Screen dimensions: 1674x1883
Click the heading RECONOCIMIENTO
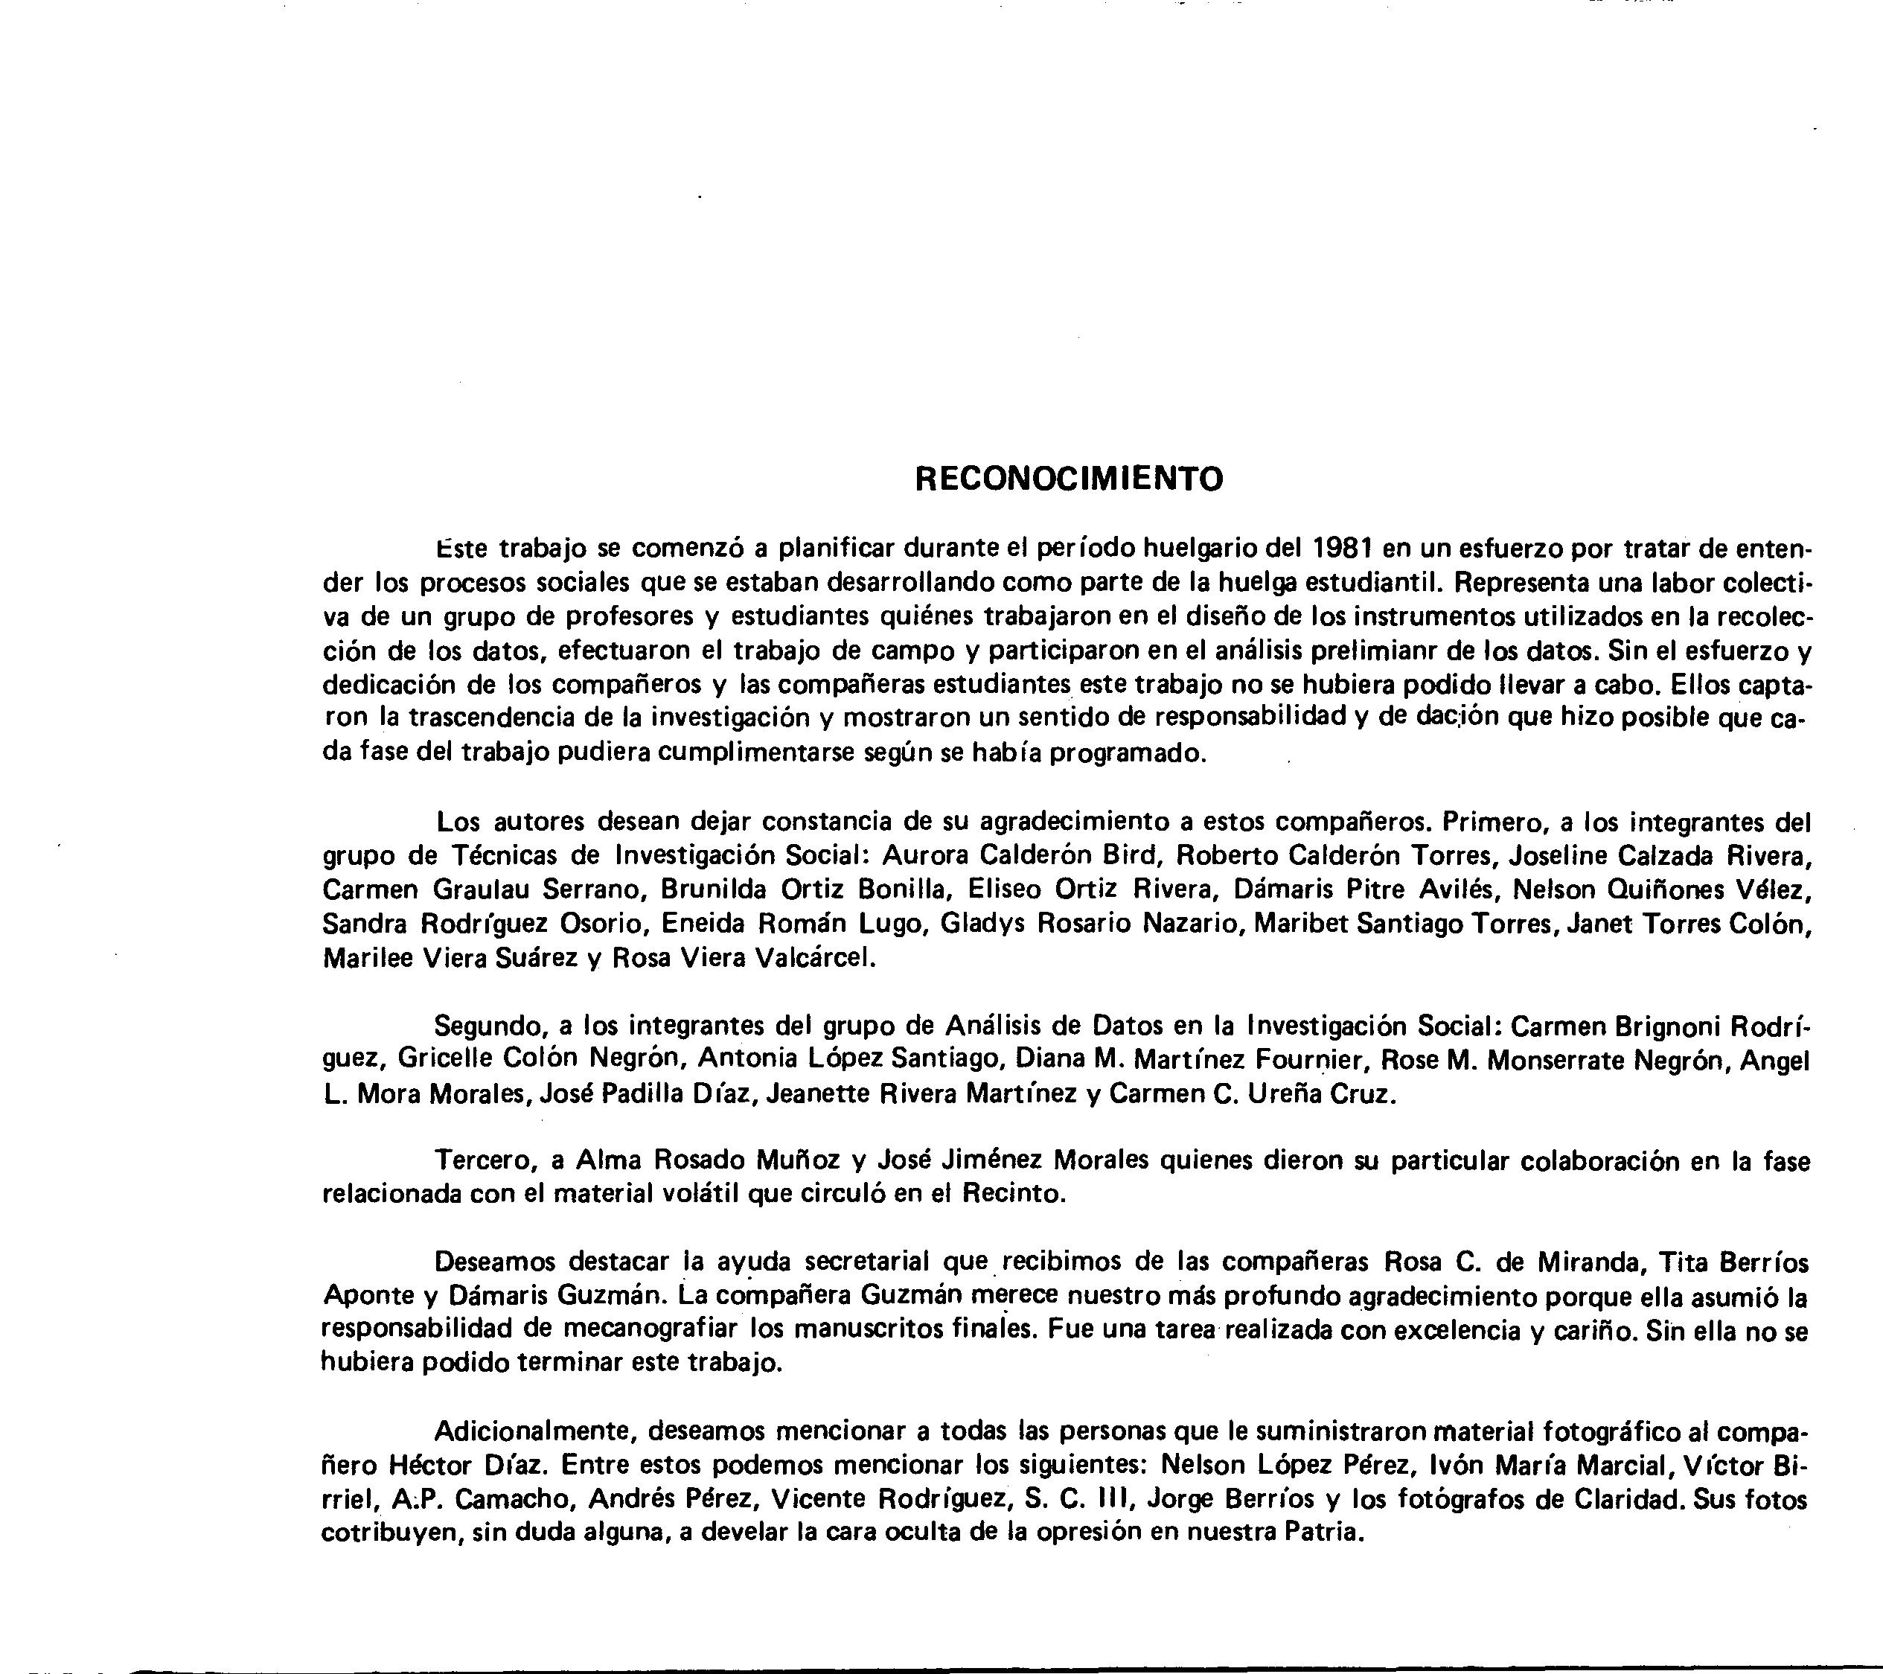tap(1069, 479)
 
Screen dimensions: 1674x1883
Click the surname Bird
tap(1128, 856)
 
